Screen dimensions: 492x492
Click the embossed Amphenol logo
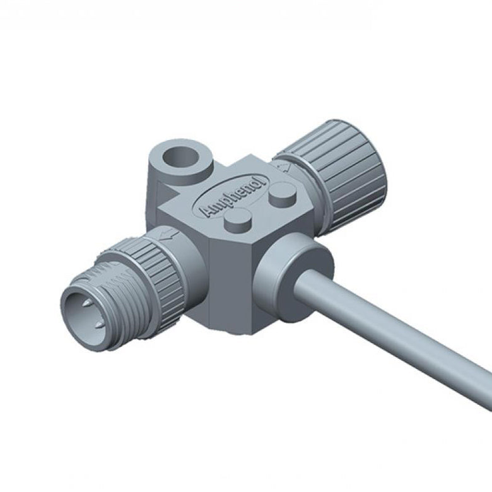click(x=230, y=196)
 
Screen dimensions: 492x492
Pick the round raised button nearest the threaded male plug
click(x=238, y=221)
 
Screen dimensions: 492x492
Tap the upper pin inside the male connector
click(x=87, y=303)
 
